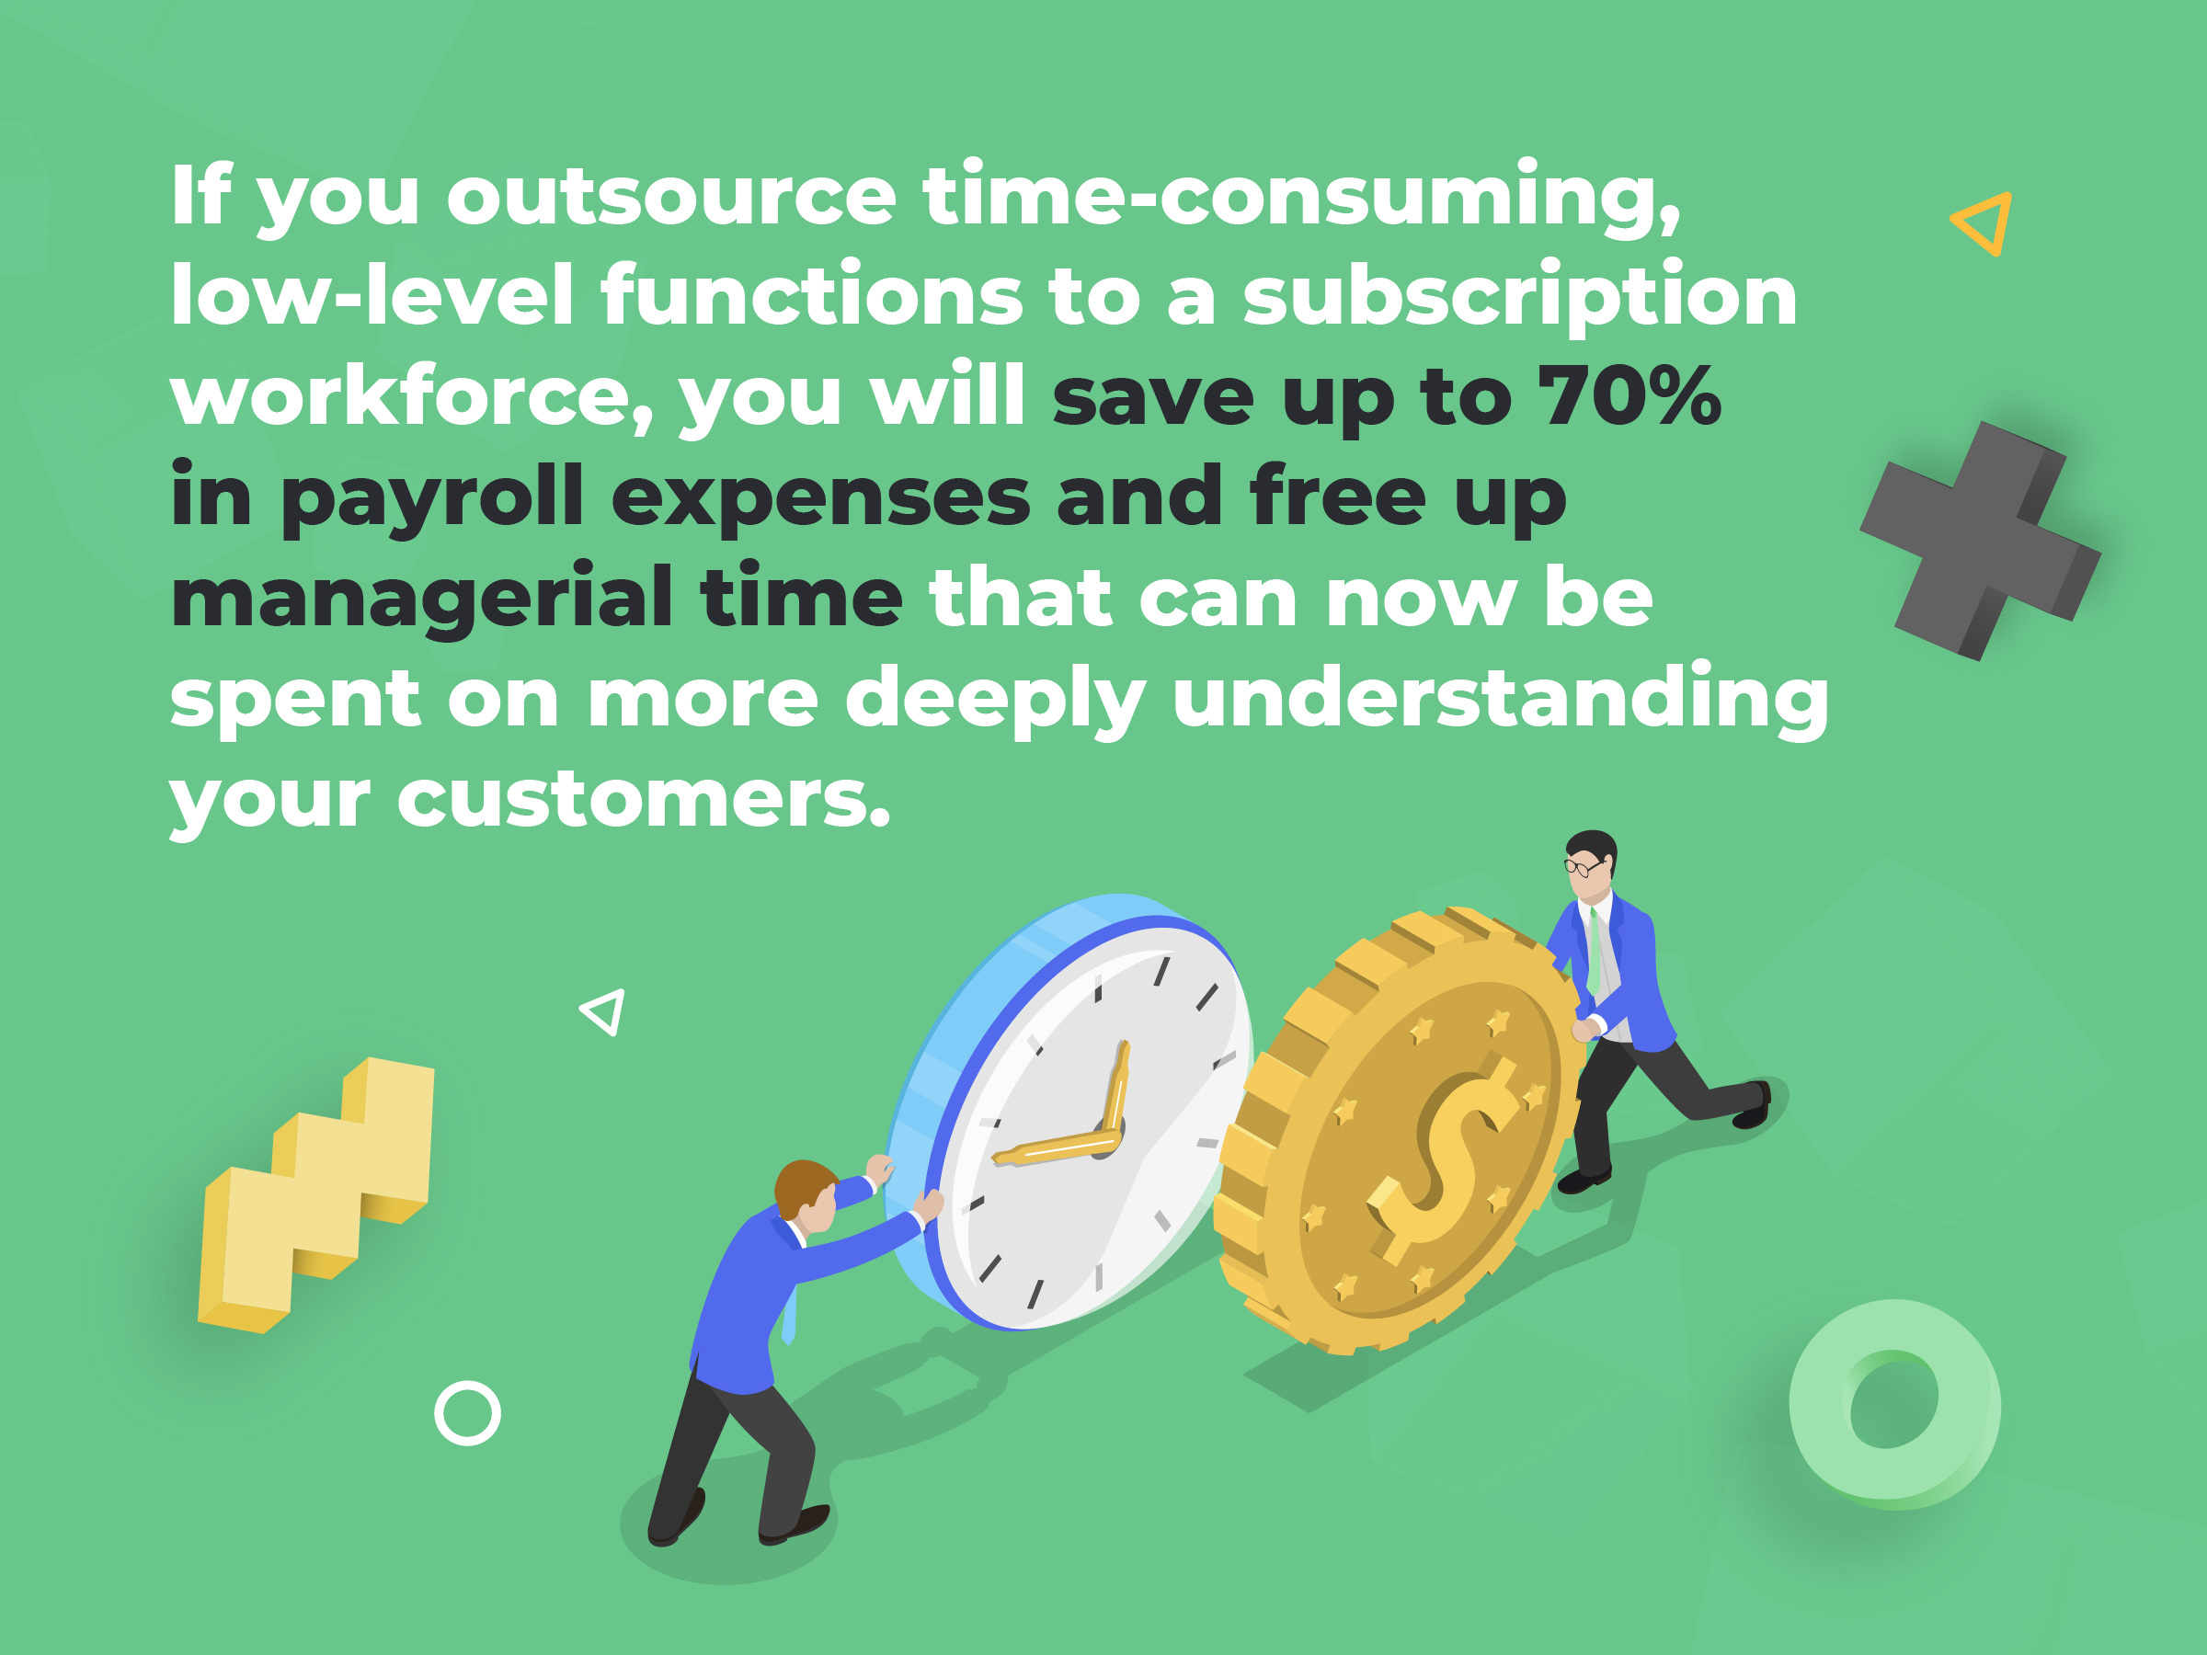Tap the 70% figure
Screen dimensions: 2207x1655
[x=1630, y=395]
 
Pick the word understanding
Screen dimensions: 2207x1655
[x=1501, y=700]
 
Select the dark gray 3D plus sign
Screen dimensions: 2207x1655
[x=1980, y=540]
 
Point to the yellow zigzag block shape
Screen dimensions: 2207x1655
[x=316, y=1194]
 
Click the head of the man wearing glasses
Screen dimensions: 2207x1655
[x=1589, y=860]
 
